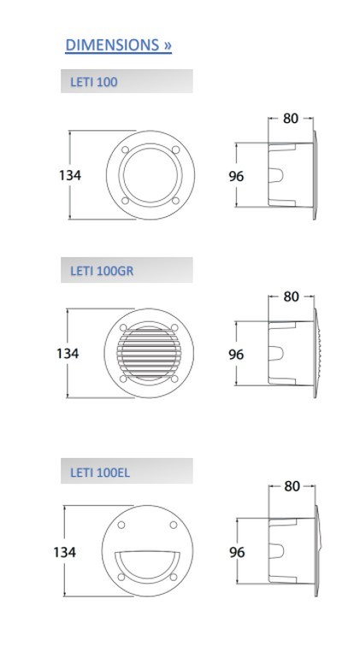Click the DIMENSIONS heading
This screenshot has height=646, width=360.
pyautogui.click(x=118, y=45)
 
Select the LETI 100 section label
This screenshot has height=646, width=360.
pyautogui.click(x=93, y=82)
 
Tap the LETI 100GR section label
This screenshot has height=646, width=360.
pyautogui.click(x=102, y=271)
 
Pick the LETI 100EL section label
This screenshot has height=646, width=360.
pyautogui.click(x=100, y=473)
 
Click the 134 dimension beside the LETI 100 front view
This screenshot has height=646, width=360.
pyautogui.click(x=70, y=175)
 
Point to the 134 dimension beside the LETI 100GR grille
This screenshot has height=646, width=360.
pyautogui.click(x=68, y=353)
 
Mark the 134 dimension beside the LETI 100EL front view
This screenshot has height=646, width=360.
pyautogui.click(x=65, y=552)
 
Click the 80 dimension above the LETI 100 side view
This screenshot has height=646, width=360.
pyautogui.click(x=291, y=118)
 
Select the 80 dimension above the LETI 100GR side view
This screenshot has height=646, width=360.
pyautogui.click(x=291, y=297)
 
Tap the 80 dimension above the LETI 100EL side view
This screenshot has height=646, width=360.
pyautogui.click(x=292, y=486)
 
